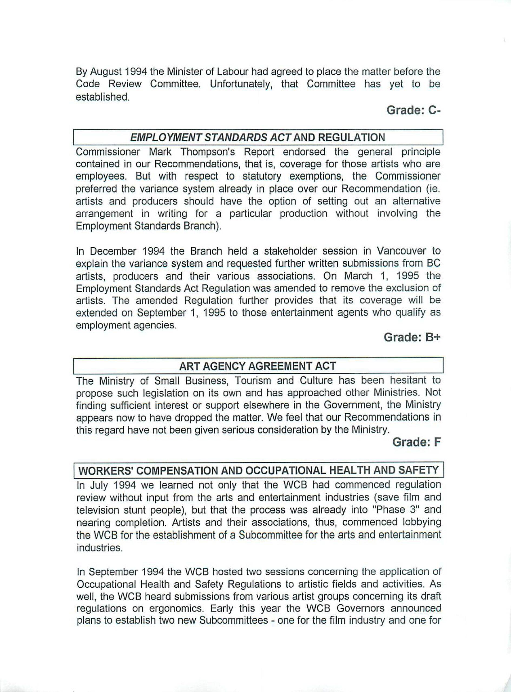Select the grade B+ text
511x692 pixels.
click(x=412, y=338)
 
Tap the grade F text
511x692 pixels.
click(x=416, y=442)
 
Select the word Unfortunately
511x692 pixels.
click(x=241, y=84)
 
